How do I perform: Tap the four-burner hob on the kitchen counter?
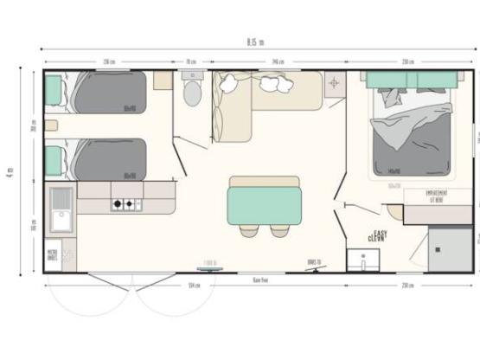click(x=125, y=205)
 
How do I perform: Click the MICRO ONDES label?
click(x=53, y=256)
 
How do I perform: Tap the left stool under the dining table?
click(x=249, y=231)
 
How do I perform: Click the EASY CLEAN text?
click(x=376, y=235)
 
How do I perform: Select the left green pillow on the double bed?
click(x=391, y=80)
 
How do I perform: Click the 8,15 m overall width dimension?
click(x=255, y=42)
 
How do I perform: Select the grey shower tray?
click(x=451, y=247)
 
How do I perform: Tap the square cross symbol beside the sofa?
click(x=336, y=84)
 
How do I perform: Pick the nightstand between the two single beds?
click(x=51, y=125)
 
